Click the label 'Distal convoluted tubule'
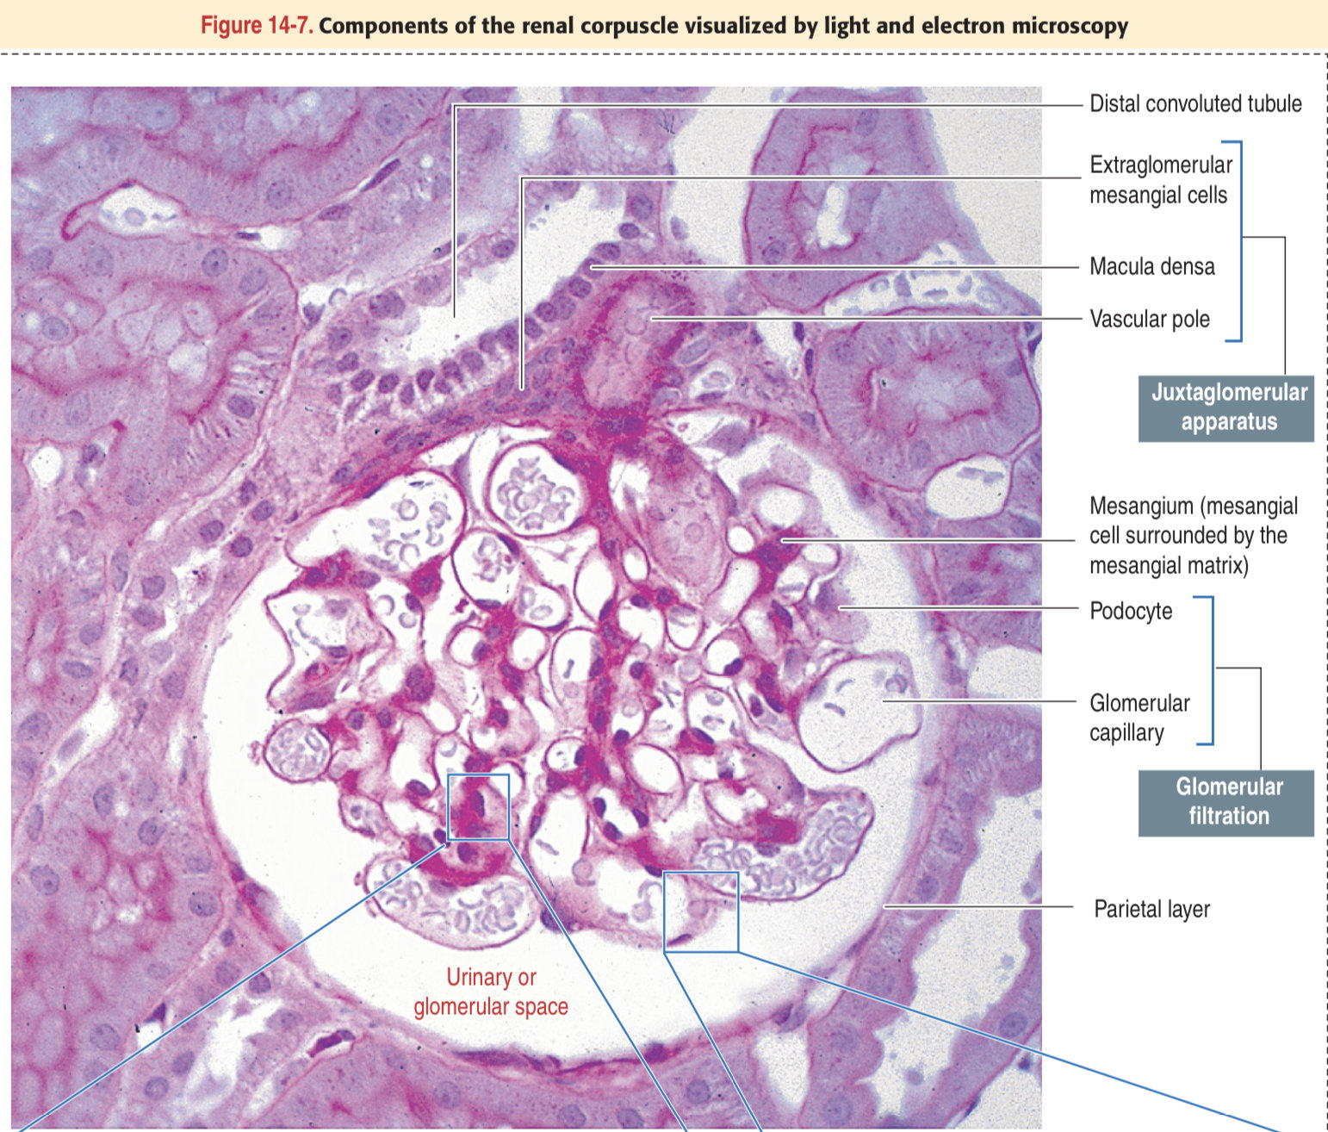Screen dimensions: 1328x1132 pos(1195,104)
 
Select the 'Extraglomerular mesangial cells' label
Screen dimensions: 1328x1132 pos(1160,179)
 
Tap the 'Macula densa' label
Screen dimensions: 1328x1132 pos(1151,267)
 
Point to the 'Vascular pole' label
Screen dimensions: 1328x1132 pos(1149,320)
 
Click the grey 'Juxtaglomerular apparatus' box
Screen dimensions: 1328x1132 pos(1226,407)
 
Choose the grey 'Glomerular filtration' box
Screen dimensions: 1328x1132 pos(1226,802)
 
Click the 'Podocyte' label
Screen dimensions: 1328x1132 pos(1130,612)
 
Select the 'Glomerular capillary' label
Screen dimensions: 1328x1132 pos(1139,718)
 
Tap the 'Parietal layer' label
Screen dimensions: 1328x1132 pos(1151,909)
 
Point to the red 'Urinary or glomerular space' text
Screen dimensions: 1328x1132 pos(491,992)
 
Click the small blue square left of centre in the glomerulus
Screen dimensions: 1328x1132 pos(478,806)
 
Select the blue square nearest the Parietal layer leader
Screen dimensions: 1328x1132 pos(701,911)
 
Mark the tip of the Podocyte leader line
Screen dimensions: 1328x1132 pos(841,607)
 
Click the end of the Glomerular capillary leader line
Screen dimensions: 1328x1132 pos(884,701)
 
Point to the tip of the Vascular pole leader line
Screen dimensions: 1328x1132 pos(653,318)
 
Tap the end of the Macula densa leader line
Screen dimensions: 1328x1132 pos(593,267)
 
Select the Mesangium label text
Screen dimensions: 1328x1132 pos(1192,535)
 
